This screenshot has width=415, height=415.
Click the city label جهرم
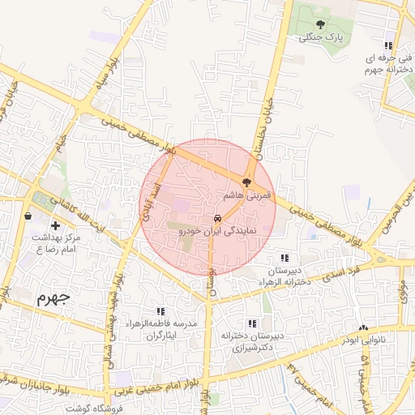(x=53, y=297)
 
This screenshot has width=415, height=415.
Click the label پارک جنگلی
(x=322, y=37)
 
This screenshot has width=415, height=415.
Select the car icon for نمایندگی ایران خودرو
(x=218, y=219)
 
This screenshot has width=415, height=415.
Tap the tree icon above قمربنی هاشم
(x=247, y=183)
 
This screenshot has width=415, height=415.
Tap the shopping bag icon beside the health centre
(x=29, y=216)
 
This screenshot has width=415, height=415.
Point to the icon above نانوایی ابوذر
(x=362, y=328)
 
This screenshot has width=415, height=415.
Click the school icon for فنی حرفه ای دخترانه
(x=389, y=46)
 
